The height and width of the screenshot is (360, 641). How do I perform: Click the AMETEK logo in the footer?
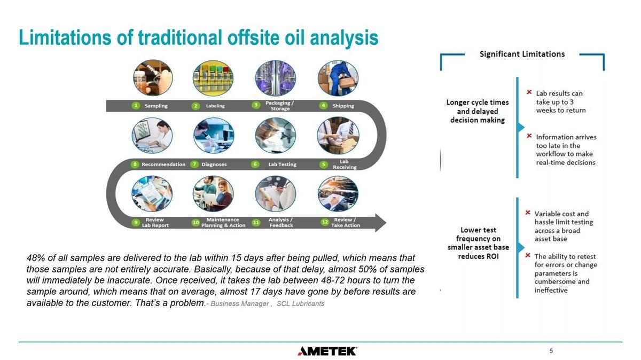coord(327,351)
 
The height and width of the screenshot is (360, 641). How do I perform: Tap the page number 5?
coord(551,351)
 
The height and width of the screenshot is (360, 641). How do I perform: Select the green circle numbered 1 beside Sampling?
coord(136,106)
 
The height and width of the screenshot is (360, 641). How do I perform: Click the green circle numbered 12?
coord(325,222)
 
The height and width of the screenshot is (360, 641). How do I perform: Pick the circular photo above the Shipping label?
coord(338,78)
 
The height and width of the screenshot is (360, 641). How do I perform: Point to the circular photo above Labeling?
coord(213,78)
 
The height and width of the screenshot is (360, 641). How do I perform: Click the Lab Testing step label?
coord(282,165)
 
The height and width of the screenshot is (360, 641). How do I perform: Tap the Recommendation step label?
coord(163,165)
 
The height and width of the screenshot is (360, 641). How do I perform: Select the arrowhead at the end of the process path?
coord(380,223)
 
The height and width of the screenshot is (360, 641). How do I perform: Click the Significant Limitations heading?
coord(522,54)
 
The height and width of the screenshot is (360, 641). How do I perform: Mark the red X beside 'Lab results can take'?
coord(529,92)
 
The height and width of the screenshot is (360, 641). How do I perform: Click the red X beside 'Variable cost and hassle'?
coord(528,213)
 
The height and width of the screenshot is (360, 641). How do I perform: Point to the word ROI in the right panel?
coord(492,256)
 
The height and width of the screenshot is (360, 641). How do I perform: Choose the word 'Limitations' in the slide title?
coord(65,37)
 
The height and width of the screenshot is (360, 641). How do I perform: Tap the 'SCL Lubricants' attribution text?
coord(300,303)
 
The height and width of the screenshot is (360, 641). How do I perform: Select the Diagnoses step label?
coord(214,165)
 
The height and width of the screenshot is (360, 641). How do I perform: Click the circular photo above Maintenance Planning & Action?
coord(213,194)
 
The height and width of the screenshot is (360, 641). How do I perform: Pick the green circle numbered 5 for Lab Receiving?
coord(324,165)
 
